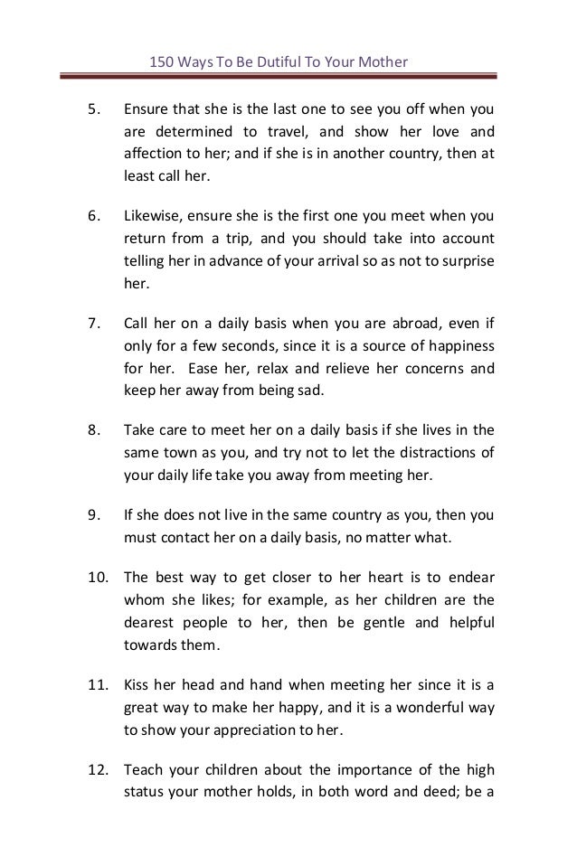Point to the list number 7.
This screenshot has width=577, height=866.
[91, 324]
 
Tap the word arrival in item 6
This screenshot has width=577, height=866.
[347, 260]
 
